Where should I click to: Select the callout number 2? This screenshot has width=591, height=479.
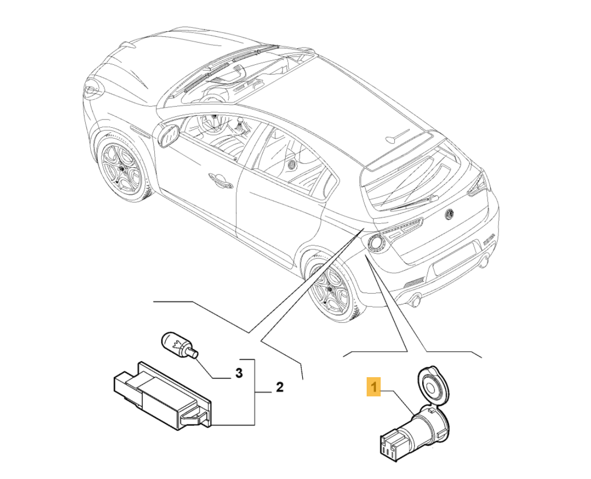pyautogui.click(x=279, y=387)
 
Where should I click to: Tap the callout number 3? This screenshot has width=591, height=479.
pyautogui.click(x=238, y=373)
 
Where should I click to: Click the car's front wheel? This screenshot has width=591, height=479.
pyautogui.click(x=123, y=165)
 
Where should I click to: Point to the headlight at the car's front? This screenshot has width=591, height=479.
pyautogui.click(x=92, y=90)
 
